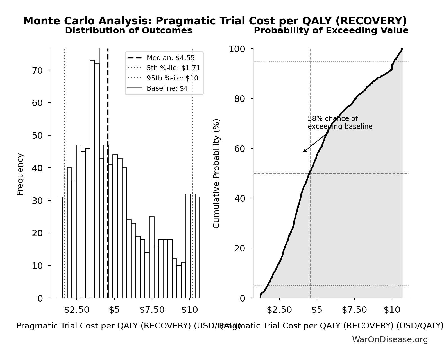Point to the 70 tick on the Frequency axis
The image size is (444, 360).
pos(37,70)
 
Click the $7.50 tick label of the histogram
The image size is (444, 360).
pos(152,310)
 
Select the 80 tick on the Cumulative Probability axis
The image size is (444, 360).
pos(240,99)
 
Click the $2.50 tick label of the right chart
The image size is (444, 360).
pos(279,310)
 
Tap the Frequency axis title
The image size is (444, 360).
pos(20,174)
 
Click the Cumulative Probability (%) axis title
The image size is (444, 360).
pos(216,173)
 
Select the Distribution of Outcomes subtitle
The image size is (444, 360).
pos(129,30)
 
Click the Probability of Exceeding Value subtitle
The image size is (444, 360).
pos(331,30)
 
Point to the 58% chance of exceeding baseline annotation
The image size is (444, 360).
pos(340,123)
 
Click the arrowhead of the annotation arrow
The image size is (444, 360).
pos(304,152)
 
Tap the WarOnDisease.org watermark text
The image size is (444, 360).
pos(390,340)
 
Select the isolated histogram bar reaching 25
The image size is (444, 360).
pos(152,257)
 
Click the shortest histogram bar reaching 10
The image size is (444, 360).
pos(179,281)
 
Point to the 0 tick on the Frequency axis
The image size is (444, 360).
pos(40,298)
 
